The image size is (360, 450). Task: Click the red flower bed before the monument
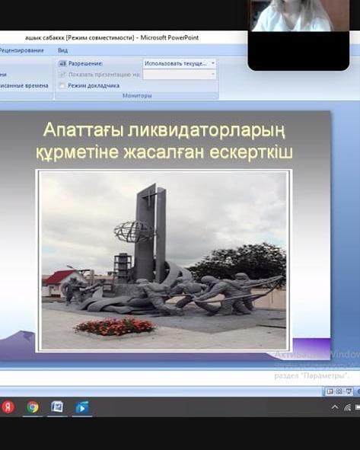pos(114,326)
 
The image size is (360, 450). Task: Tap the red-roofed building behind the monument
pos(58,279)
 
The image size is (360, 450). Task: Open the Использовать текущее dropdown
pos(179,63)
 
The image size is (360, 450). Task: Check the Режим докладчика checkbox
pos(62,85)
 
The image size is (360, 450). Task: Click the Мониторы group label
pos(136,96)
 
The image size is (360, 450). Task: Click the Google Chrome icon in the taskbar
pos(33,407)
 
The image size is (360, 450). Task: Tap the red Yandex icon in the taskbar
pos(8,407)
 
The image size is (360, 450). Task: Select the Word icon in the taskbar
pos(57,407)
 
